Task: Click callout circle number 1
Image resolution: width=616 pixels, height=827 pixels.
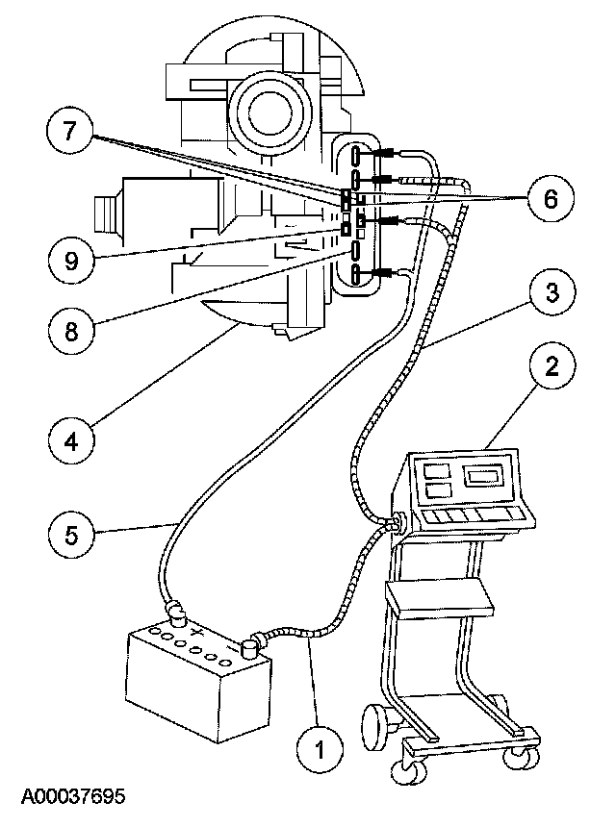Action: [x=320, y=746]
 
